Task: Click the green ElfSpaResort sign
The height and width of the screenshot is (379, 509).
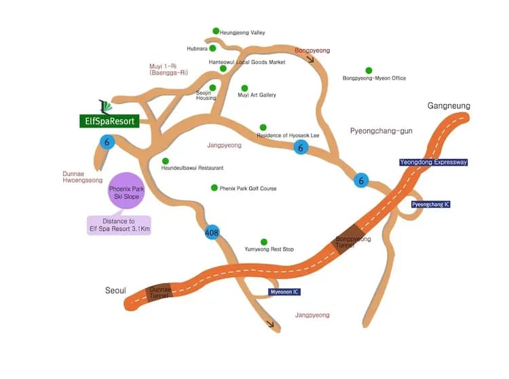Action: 109,121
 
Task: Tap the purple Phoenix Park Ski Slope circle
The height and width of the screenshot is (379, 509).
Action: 126,191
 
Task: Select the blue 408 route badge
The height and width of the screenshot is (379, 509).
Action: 212,232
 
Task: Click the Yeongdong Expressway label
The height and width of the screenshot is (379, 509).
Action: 434,162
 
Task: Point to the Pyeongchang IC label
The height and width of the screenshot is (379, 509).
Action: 431,204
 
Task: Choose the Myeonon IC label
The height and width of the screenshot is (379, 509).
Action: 284,291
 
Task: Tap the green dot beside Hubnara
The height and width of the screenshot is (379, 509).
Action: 212,48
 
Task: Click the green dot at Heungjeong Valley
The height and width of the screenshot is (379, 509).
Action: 216,31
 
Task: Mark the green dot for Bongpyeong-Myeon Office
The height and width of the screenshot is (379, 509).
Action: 369,70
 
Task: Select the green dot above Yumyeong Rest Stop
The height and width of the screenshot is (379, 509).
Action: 264,242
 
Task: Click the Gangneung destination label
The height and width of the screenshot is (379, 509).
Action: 449,105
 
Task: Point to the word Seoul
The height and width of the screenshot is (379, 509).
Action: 115,290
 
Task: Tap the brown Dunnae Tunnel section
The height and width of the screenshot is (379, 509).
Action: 159,292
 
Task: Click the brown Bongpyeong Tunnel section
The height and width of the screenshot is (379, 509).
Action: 348,239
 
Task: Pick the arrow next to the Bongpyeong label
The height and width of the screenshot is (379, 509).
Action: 311,59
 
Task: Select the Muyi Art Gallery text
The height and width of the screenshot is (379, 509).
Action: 257,95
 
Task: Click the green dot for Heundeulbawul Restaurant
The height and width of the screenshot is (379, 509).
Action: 165,161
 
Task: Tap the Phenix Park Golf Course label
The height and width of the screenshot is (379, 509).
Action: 248,188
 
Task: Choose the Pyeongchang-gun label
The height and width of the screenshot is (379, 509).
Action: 381,131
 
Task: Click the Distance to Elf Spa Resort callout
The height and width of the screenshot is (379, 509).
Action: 119,225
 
